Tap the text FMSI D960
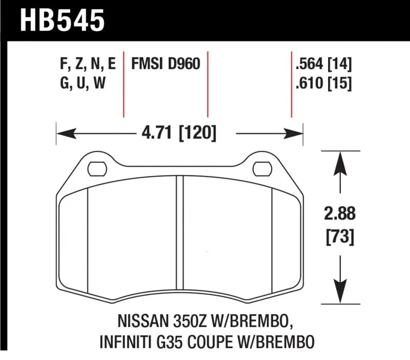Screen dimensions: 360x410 165,64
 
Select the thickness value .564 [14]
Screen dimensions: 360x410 323,64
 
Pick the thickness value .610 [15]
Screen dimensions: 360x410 323,83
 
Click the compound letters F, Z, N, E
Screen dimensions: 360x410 87,64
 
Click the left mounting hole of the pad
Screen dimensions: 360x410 96,167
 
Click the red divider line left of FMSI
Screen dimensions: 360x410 124,84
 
